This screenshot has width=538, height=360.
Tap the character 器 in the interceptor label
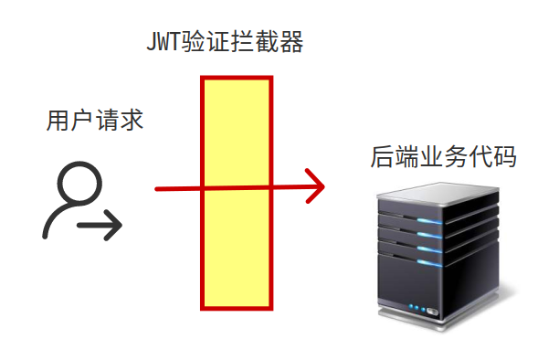click(291, 43)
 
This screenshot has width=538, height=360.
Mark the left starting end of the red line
click(158, 189)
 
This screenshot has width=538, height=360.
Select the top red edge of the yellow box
click(237, 79)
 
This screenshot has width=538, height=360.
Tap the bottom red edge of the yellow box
click(237, 306)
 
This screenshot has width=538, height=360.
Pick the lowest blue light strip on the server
click(430, 262)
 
